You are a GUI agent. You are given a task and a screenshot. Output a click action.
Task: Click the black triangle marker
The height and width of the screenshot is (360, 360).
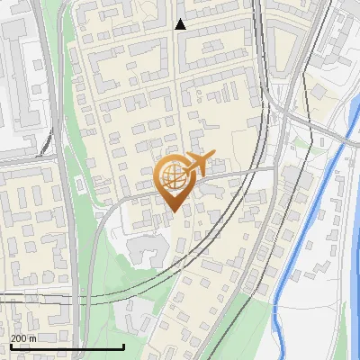click(180, 24)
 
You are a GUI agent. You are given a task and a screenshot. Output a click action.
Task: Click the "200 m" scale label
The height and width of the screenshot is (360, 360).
click(23, 337)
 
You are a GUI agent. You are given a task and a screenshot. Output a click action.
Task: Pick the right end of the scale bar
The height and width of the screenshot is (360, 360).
click(123, 346)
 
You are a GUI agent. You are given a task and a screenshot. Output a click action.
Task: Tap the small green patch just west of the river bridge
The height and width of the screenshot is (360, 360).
click(303, 142)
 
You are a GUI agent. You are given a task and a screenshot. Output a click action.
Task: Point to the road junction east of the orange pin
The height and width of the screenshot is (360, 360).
click(274, 166)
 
